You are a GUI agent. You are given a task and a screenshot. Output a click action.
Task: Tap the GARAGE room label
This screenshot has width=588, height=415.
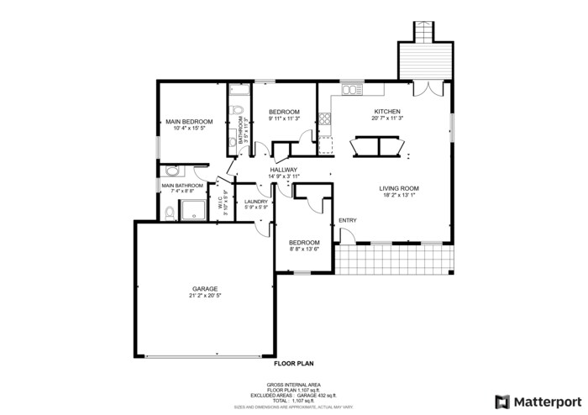pyautogui.click(x=205, y=288)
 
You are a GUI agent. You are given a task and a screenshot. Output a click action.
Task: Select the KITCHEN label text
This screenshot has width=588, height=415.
pyautogui.click(x=387, y=112)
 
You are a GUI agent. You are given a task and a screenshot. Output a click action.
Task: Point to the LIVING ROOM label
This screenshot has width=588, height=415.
pyautogui.click(x=399, y=188)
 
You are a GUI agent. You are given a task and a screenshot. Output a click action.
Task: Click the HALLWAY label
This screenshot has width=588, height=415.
pyautogui.click(x=285, y=170)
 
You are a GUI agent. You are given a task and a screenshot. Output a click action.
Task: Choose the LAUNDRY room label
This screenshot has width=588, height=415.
pyautogui.click(x=256, y=202)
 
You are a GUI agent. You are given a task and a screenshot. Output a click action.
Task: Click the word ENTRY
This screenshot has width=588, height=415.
pyautogui.click(x=348, y=221)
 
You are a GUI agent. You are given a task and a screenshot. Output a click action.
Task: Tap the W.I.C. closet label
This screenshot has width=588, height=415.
pyautogui.click(x=220, y=202)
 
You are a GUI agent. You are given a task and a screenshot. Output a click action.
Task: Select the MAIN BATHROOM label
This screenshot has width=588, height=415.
pyautogui.click(x=182, y=186)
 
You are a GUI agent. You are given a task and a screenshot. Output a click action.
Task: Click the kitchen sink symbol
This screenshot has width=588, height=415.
pyautogui.click(x=349, y=88)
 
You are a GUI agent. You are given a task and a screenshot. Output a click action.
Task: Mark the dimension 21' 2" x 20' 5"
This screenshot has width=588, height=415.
pyautogui.click(x=205, y=296)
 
